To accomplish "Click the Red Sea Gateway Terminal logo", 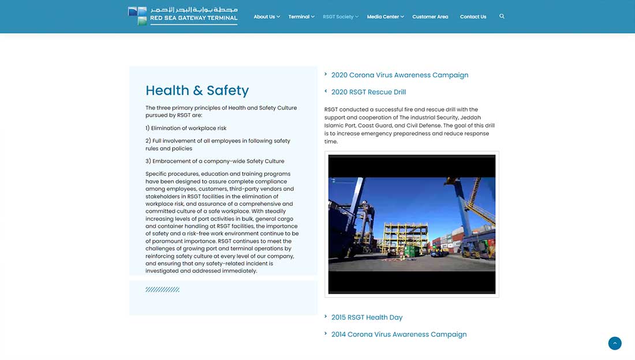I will click(x=182, y=16).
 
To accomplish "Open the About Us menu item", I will click(x=264, y=17).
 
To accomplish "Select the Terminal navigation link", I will click(x=299, y=17).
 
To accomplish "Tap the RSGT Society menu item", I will click(x=338, y=17).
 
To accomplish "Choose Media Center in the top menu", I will click(x=383, y=17).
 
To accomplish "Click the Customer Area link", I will click(x=430, y=17).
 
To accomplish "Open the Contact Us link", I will click(x=473, y=17).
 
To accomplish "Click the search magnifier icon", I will click(x=502, y=16).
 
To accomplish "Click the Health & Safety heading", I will click(x=197, y=91).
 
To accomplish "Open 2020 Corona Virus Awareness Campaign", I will click(x=399, y=75).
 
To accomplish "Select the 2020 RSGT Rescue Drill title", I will click(x=368, y=92).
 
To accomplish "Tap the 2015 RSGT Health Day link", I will click(x=367, y=317).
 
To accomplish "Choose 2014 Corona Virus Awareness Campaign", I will click(x=398, y=334).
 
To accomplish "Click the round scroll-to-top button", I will click(x=615, y=343).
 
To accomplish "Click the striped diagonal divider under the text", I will click(x=162, y=290).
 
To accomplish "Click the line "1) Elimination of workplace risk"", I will click(x=186, y=128).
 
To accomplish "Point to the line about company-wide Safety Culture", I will click(x=215, y=161).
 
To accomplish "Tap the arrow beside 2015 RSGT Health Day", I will click(x=326, y=316).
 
